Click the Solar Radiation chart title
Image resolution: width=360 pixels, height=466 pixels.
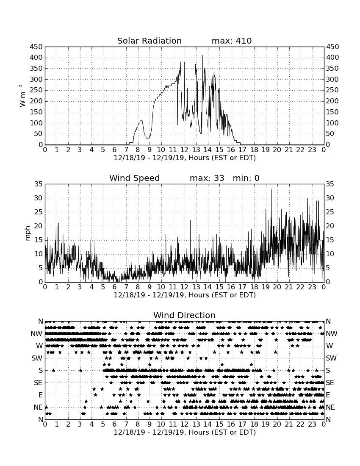pos(150,41)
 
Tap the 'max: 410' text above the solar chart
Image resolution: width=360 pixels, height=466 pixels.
pos(232,41)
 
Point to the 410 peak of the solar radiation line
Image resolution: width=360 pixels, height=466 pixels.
pos(202,55)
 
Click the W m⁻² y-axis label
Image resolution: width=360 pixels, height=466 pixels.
pos(22,96)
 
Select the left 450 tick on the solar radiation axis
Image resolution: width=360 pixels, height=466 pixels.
pos(36,47)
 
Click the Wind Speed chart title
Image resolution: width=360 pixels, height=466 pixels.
pos(135,178)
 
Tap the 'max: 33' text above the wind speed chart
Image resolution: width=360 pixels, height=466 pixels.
pos(207,178)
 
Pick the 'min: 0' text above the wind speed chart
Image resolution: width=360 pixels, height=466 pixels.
pos(246,178)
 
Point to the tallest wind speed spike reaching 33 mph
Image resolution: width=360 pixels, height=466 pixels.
pos(271,190)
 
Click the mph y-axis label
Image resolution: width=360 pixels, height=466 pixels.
pos(28,233)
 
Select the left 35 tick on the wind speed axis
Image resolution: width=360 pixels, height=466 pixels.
pos(39,184)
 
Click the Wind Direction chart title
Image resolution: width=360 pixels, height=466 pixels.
pos(184,315)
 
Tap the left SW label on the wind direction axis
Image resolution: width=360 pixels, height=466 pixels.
pos(37,358)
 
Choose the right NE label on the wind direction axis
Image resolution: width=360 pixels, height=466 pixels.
pos(330,407)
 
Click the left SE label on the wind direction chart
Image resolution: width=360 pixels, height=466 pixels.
pos(38,383)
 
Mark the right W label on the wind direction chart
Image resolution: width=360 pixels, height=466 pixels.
pos(330,346)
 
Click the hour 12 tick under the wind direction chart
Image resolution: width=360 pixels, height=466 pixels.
pos(185,424)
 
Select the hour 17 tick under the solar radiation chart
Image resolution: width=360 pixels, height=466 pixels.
pos(242,150)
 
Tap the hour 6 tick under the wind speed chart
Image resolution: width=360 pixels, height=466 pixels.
pos(115,287)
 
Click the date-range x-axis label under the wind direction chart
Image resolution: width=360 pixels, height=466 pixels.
pos(185,432)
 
